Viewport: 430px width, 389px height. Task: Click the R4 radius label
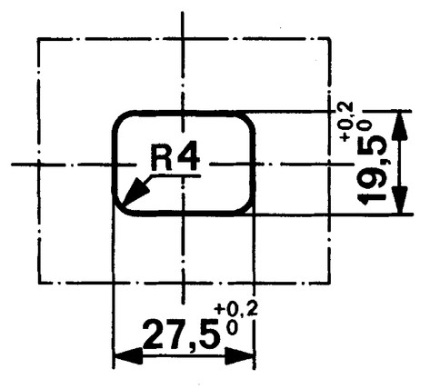coord(175,158)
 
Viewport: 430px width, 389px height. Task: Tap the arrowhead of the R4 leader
coord(136,192)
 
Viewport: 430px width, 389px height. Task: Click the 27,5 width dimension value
coord(182,334)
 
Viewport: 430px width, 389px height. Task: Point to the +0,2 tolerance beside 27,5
coord(236,309)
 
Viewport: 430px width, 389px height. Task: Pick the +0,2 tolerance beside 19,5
coord(346,122)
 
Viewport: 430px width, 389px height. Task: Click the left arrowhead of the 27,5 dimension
coord(128,356)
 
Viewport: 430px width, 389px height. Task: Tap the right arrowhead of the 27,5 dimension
coord(239,356)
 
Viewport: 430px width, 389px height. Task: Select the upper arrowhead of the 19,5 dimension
coord(400,126)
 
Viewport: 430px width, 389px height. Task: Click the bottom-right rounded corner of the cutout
coord(248,209)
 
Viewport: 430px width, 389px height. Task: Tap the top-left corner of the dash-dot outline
coord(39,39)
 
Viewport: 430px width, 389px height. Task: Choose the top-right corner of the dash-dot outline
coord(329,39)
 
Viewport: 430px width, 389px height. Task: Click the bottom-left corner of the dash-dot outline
coord(39,283)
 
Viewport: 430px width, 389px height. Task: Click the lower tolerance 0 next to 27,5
coord(232,328)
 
